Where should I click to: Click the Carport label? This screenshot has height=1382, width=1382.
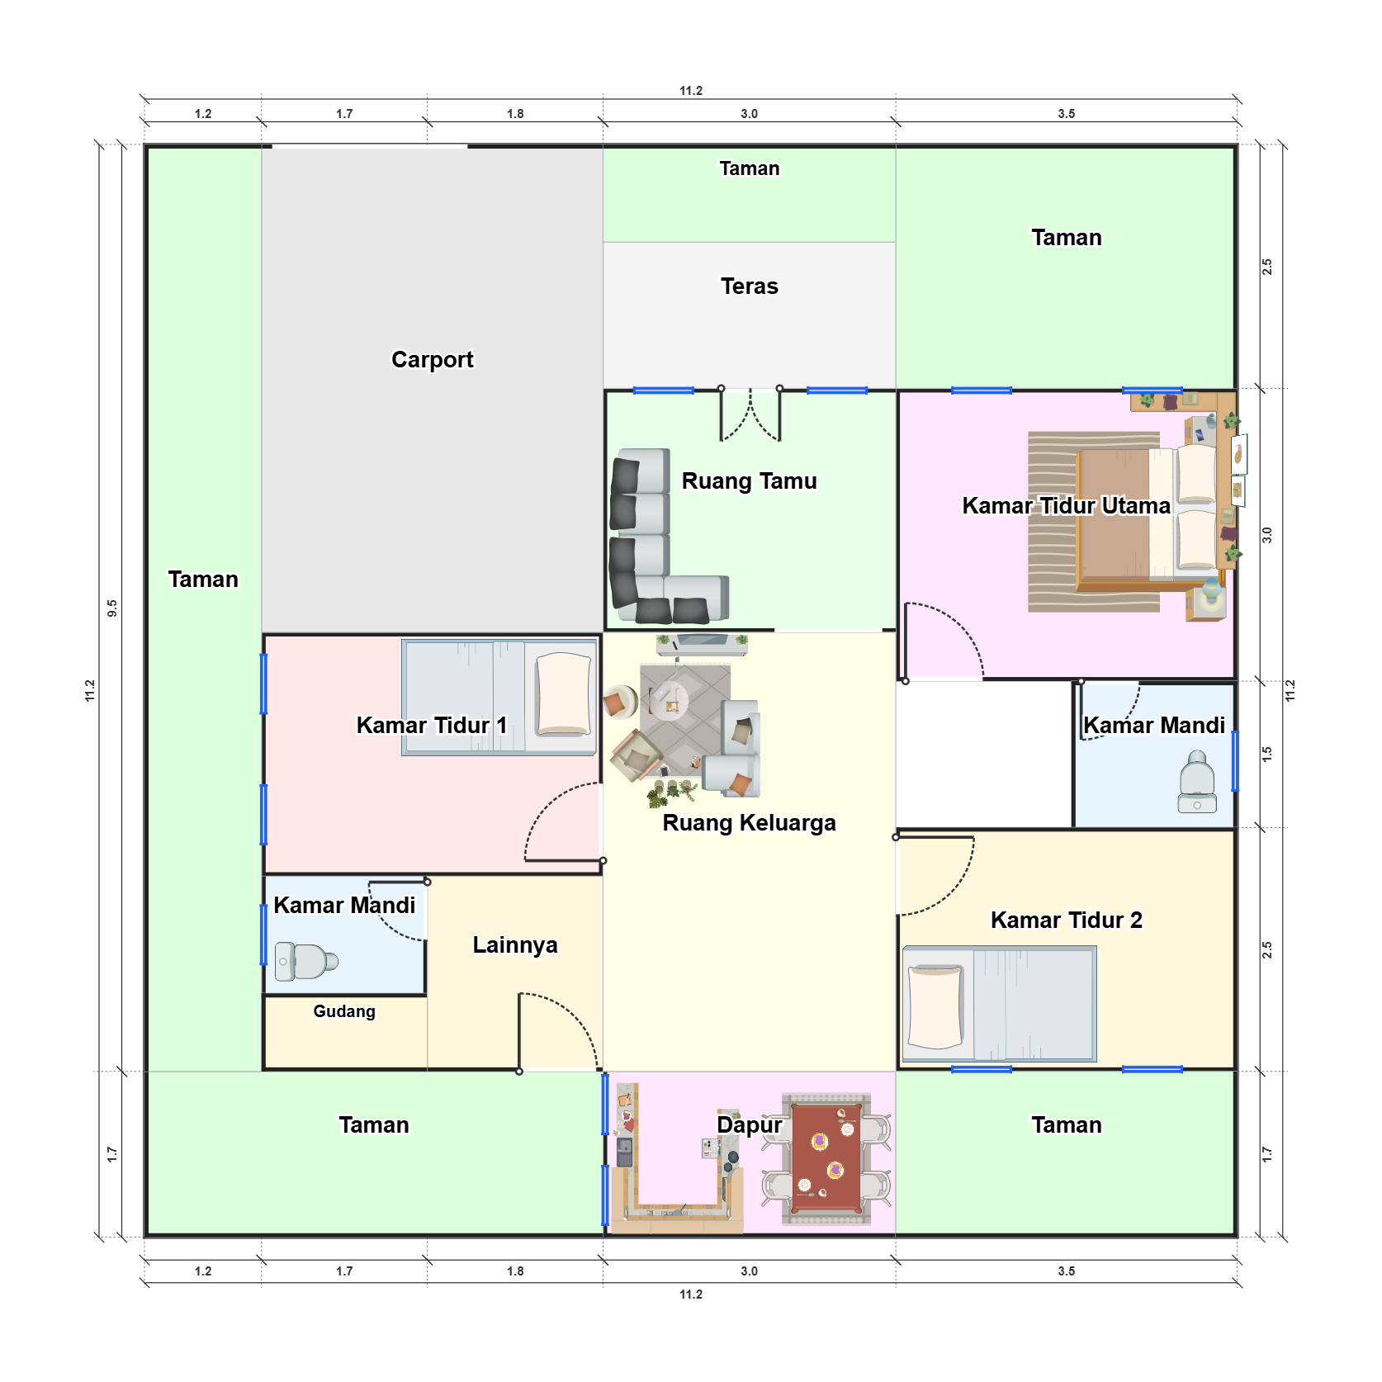tap(432, 360)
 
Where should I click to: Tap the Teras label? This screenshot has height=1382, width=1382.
tap(749, 286)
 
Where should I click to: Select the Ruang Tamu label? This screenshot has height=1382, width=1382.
tap(749, 481)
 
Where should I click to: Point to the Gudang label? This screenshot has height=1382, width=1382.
tap(344, 1011)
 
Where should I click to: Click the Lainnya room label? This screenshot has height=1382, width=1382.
tap(515, 945)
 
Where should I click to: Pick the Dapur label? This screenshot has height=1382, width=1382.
tap(749, 1125)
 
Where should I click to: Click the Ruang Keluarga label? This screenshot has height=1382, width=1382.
tap(749, 823)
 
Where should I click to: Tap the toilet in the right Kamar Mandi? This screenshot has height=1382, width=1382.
tap(1197, 782)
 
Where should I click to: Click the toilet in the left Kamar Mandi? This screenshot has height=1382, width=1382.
tap(306, 961)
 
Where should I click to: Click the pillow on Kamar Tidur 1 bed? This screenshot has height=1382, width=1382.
tap(564, 694)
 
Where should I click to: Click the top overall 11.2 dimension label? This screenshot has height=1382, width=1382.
tap(691, 91)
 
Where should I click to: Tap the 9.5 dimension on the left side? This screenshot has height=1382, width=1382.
tap(112, 608)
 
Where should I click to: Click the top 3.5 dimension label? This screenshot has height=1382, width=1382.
tap(1066, 114)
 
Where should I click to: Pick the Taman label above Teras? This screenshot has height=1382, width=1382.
tap(749, 168)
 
